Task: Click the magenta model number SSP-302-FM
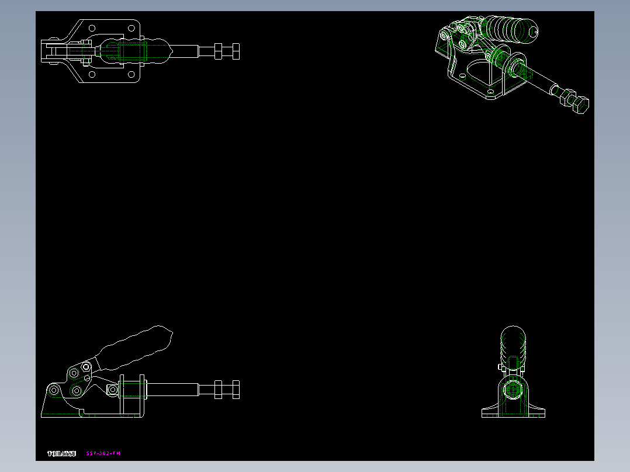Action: pos(103,453)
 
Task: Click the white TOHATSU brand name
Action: pos(61,453)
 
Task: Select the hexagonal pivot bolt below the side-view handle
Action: pos(86,366)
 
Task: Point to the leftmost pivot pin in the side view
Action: pos(54,390)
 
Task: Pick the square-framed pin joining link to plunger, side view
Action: pos(112,390)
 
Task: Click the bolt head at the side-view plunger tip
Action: pos(235,389)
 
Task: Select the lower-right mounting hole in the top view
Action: pos(131,75)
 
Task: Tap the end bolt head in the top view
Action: pos(235,51)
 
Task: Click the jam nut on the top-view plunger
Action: pos(218,51)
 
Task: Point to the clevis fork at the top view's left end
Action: pos(50,51)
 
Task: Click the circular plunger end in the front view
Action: pos(513,388)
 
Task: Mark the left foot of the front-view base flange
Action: pos(489,412)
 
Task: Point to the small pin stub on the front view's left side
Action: pos(500,367)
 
